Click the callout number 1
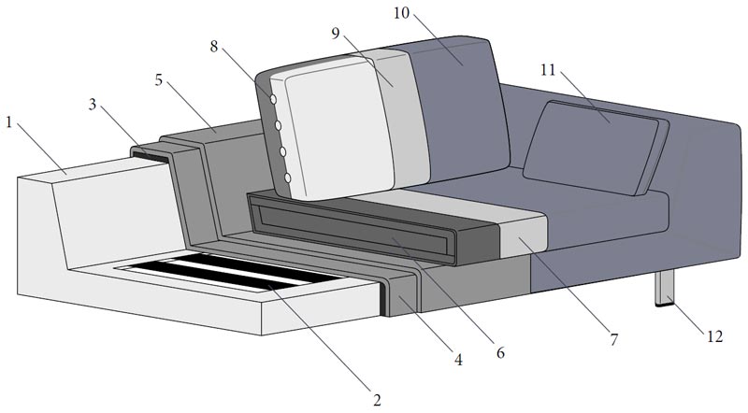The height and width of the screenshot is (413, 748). click(8, 122)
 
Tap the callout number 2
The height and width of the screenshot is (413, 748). click(377, 400)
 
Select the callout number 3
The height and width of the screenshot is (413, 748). click(93, 105)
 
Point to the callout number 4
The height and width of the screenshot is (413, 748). click(458, 360)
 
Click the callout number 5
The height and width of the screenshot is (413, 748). click(159, 80)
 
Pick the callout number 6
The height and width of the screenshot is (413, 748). click(500, 353)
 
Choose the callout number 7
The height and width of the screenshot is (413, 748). click(614, 339)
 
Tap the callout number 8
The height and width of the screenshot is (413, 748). click(214, 47)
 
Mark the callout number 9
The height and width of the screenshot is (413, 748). click(336, 34)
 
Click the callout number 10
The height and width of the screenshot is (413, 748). click(402, 13)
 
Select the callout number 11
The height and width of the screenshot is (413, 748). click(549, 70)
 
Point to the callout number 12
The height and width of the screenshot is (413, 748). click(714, 336)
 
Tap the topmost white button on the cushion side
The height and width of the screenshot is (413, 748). click(273, 100)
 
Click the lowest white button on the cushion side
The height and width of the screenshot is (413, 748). click(288, 178)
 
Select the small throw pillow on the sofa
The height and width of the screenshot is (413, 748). click(596, 149)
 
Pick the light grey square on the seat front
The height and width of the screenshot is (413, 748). click(523, 235)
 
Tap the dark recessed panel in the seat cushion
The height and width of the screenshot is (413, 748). click(352, 224)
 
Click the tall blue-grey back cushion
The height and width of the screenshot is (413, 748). click(458, 109)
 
